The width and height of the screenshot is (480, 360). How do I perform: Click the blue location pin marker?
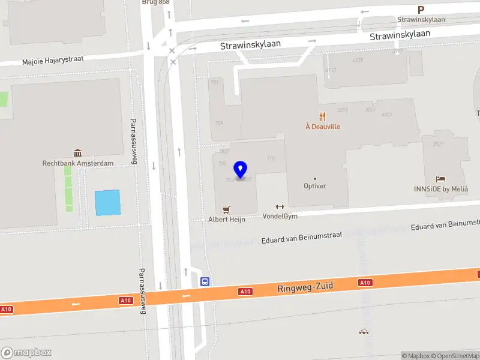241,170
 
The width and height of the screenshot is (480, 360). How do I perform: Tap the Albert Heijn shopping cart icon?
226,209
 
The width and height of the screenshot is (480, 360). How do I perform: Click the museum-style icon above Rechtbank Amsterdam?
77,153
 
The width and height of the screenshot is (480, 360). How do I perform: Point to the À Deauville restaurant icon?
323,116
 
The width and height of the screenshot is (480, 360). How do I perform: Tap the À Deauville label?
323,127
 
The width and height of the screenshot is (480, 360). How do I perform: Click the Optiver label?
315,186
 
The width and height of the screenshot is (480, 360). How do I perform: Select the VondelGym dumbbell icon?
280,206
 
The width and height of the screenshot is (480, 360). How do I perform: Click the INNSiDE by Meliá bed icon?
441,179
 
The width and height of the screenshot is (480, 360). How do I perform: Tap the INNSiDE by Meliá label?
440,189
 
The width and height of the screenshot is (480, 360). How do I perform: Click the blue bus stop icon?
205,281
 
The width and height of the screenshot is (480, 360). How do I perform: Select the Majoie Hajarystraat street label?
53,60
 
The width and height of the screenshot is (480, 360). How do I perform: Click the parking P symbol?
421,10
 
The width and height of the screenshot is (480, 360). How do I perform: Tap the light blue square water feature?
107,202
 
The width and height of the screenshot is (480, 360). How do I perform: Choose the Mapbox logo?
26,353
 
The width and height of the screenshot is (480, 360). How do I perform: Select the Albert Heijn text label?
227,219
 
